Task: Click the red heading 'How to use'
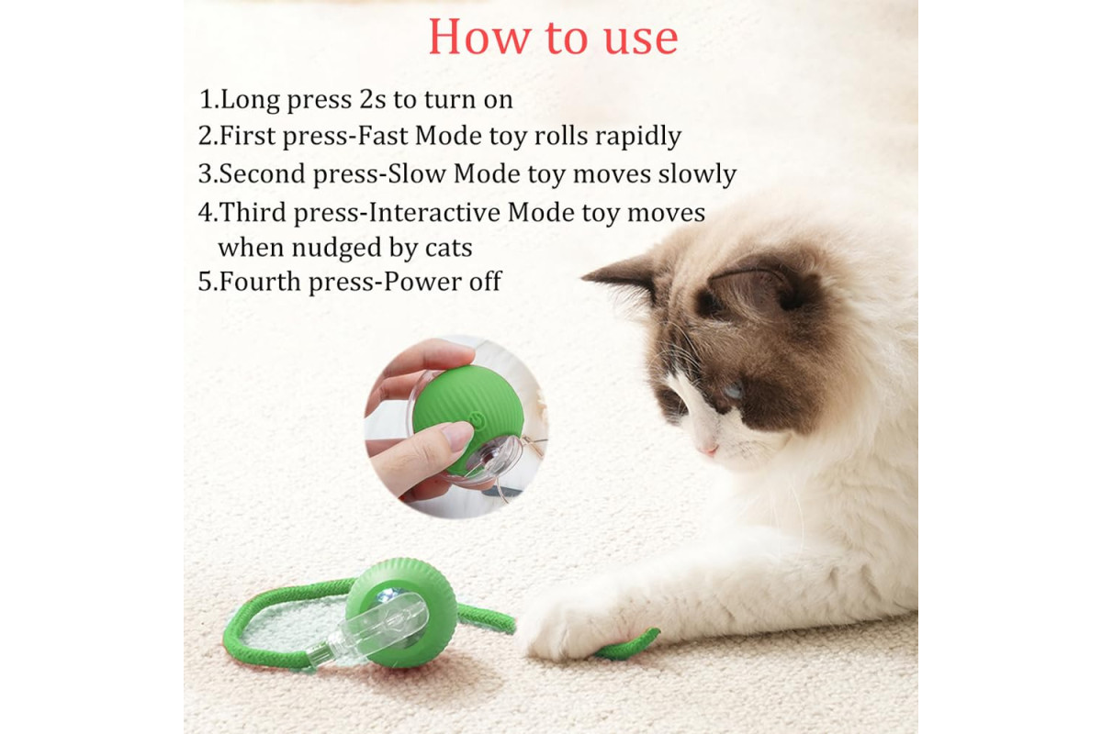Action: point(553,38)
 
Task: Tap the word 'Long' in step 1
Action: point(250,100)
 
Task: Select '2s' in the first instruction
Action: point(373,99)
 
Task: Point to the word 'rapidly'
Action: point(638,137)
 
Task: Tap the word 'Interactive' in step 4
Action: point(433,212)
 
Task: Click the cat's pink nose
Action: point(708,450)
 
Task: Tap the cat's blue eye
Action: point(732,391)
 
